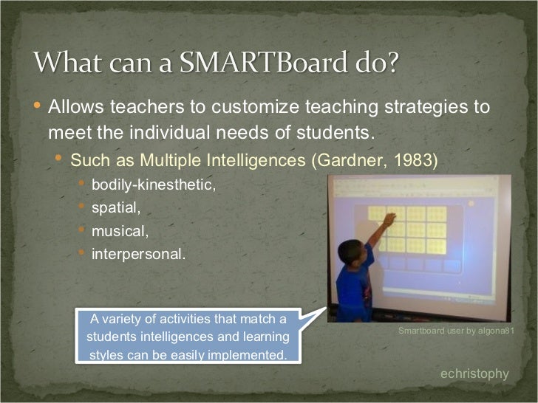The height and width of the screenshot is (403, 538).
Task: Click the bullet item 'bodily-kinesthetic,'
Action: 154,185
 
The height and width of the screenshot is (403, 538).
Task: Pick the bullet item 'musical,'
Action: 120,231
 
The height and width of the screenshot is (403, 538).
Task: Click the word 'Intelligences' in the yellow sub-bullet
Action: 253,159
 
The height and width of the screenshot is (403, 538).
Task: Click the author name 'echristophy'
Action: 474,374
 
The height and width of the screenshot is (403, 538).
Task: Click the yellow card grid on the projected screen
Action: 407,230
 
